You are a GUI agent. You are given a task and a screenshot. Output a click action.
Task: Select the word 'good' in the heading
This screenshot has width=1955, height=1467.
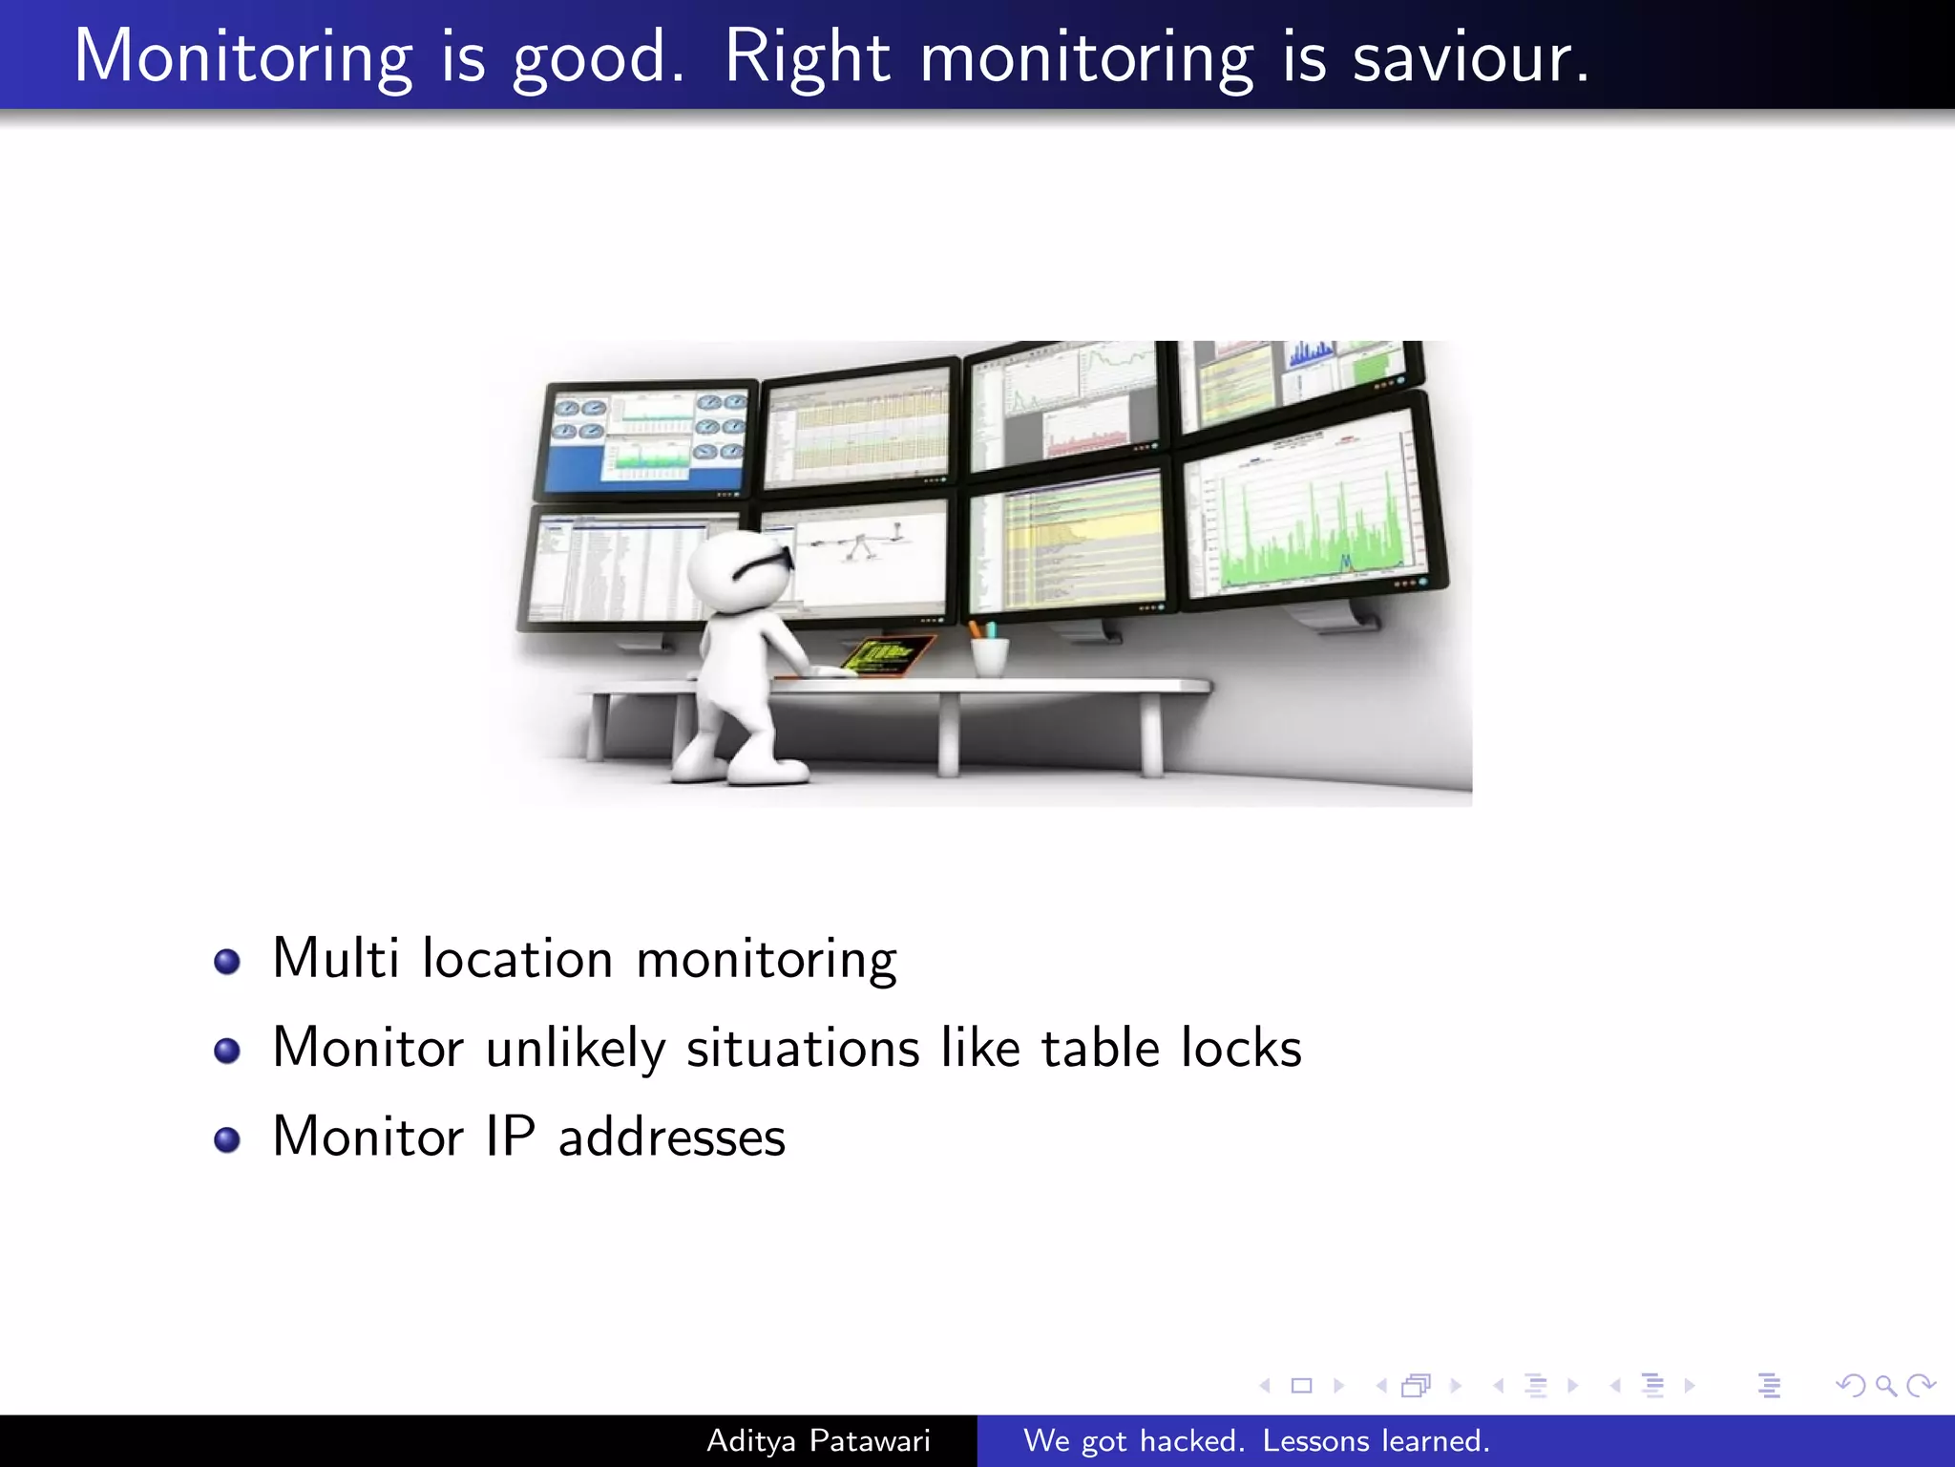point(598,59)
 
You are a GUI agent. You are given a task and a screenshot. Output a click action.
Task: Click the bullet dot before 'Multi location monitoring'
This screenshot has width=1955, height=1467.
point(227,962)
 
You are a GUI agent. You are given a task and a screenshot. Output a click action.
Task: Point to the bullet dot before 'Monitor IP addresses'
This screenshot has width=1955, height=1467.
point(227,1139)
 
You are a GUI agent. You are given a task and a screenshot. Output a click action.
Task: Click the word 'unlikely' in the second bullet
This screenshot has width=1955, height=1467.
point(575,1049)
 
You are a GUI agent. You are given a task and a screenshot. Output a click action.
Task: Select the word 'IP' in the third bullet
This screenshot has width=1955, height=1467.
point(510,1137)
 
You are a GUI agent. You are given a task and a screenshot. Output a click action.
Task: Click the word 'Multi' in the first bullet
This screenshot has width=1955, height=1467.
point(336,958)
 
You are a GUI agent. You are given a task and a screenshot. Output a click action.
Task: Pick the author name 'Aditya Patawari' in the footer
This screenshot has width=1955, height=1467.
point(818,1440)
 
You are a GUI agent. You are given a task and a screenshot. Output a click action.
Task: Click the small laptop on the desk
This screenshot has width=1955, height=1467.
point(884,656)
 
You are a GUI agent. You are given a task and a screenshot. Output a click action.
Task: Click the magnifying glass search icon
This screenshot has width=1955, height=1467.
point(1885,1385)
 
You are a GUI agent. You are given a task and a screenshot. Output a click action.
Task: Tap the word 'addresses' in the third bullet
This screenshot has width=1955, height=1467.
point(671,1137)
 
